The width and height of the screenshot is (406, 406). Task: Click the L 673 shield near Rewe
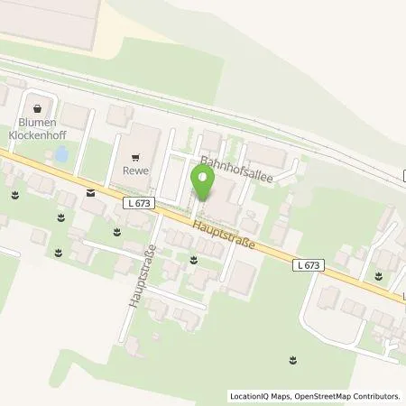(x=140, y=205)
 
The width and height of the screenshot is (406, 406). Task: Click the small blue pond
(x=60, y=155)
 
